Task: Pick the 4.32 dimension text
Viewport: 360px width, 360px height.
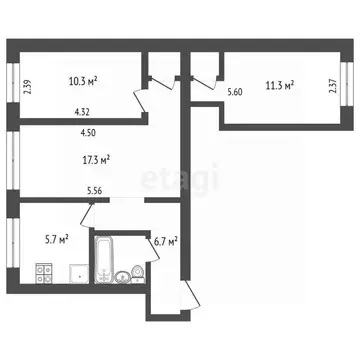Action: click(x=83, y=113)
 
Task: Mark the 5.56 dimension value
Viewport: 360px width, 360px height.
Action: click(x=94, y=190)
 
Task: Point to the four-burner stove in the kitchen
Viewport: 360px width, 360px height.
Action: click(x=43, y=272)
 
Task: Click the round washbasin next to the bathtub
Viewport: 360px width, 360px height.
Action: click(x=123, y=276)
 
